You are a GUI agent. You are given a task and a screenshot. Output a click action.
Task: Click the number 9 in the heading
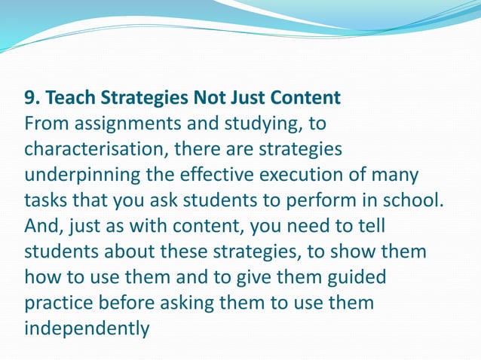(x=29, y=99)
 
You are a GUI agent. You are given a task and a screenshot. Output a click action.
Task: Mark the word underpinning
(x=81, y=175)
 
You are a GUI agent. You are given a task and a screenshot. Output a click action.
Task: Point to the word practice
(x=63, y=304)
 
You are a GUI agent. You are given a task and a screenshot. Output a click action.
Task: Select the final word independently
(x=87, y=329)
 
